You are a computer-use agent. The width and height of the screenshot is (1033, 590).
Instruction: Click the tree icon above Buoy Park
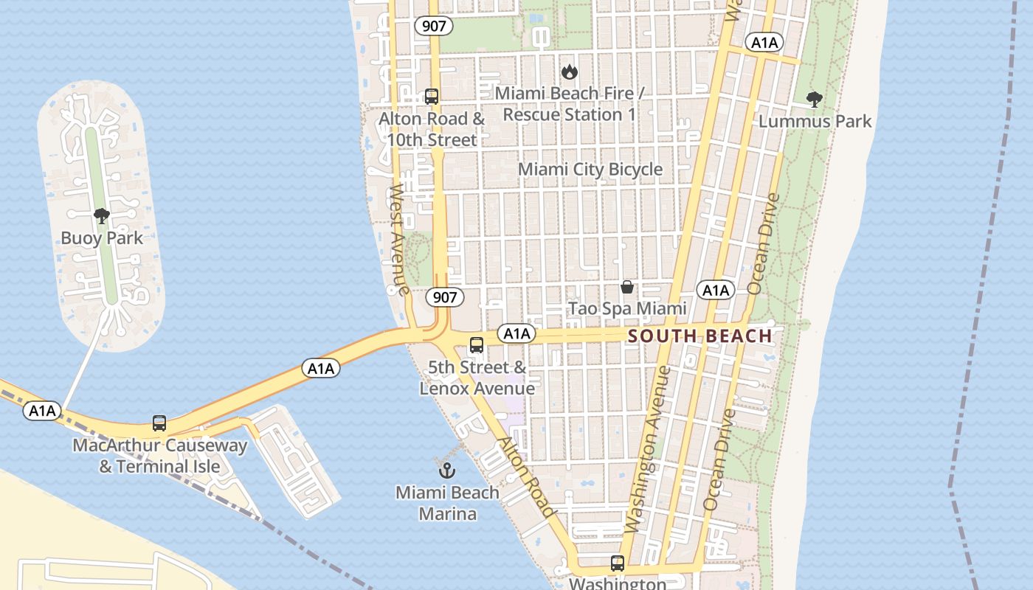click(102, 216)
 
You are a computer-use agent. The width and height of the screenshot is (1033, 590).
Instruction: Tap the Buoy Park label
click(102, 238)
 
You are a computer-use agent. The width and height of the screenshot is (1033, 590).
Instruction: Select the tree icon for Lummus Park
click(815, 100)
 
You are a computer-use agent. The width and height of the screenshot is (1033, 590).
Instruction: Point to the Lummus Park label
click(815, 121)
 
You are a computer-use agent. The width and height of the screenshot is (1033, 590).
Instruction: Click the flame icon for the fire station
click(569, 72)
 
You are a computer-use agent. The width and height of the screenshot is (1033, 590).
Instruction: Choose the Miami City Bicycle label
click(590, 169)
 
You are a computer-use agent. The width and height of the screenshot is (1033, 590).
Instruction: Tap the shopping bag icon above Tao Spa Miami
click(627, 287)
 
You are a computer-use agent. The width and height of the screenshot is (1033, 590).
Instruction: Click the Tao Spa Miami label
click(617, 308)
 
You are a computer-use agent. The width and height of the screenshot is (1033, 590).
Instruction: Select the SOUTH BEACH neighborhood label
click(699, 336)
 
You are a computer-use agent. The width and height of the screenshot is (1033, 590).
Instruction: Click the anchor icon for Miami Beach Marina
click(446, 470)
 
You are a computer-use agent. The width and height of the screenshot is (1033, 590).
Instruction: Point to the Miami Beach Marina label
click(447, 503)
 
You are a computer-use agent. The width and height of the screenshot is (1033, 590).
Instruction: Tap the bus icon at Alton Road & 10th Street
click(432, 97)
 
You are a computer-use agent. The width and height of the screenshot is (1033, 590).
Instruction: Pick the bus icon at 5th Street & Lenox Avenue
click(477, 344)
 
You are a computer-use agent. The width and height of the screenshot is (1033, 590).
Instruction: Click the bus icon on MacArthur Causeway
click(159, 423)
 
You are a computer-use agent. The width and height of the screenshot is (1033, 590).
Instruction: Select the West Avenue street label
click(399, 239)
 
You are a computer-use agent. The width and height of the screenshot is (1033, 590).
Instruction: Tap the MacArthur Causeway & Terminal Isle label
click(160, 456)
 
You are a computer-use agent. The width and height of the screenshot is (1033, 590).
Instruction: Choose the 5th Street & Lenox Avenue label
click(477, 378)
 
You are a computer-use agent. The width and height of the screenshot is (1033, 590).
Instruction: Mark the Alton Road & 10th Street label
click(432, 129)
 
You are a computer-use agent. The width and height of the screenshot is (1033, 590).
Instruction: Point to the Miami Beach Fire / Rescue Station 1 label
click(569, 104)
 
